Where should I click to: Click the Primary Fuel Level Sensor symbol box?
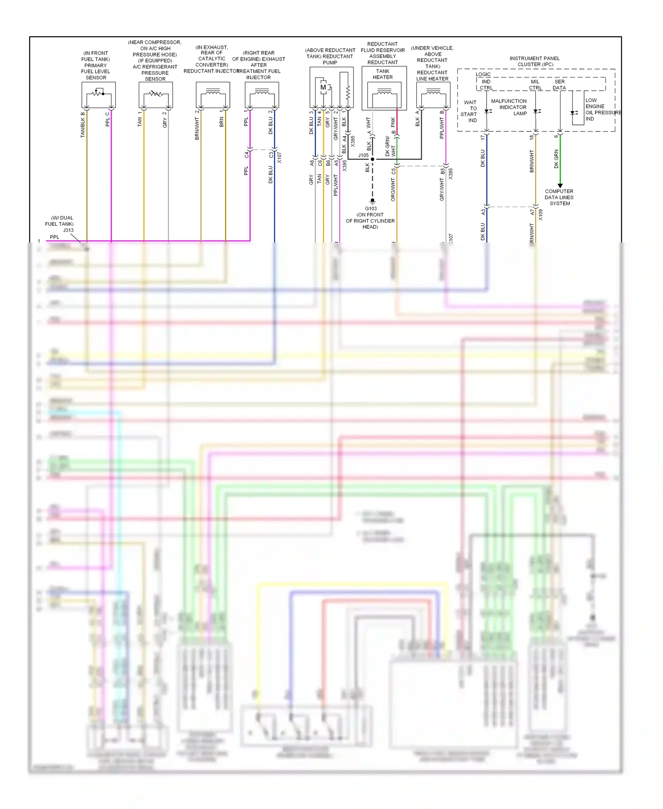coord(99,94)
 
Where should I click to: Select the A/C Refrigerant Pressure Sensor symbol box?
coord(156,94)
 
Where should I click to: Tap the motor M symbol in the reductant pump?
coord(323,87)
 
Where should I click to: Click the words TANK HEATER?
coord(383,74)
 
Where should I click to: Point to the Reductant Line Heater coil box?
coord(433,94)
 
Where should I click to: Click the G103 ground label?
coord(371,208)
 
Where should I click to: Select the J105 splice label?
coord(363,155)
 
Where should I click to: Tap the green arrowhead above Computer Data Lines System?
coord(560,186)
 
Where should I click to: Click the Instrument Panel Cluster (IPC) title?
coord(535,61)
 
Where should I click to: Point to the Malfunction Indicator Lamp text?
coord(509,107)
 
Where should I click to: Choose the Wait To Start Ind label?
coord(469,111)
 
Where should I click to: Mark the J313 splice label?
coord(68,230)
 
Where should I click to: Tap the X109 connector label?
coord(541,215)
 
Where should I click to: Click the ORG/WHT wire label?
coord(393,189)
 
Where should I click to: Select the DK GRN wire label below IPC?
coord(556,159)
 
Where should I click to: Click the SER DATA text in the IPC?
coord(560,85)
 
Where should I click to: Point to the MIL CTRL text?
coord(535,85)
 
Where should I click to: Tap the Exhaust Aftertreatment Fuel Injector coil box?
coord(262,94)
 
